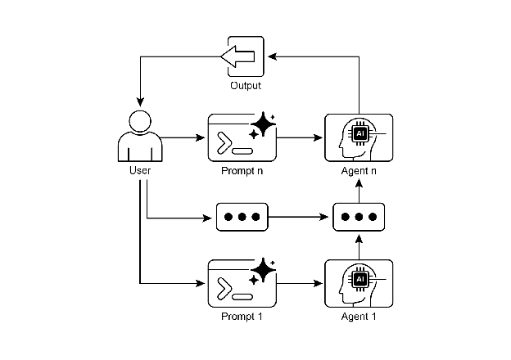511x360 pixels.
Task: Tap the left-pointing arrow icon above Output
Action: pos(238,56)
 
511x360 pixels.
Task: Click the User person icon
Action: pos(139,135)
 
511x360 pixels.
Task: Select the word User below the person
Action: pos(140,170)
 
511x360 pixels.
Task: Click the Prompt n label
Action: pos(242,170)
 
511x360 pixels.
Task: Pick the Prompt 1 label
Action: pos(242,316)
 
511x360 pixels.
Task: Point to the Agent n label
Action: pos(360,170)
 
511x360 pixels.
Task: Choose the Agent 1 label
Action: pos(360,316)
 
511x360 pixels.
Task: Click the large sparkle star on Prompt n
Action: pos(264,125)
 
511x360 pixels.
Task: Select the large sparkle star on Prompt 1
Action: pos(264,271)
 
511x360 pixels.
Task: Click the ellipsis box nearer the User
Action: pos(242,218)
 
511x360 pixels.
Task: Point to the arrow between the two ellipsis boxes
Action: pos(301,218)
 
